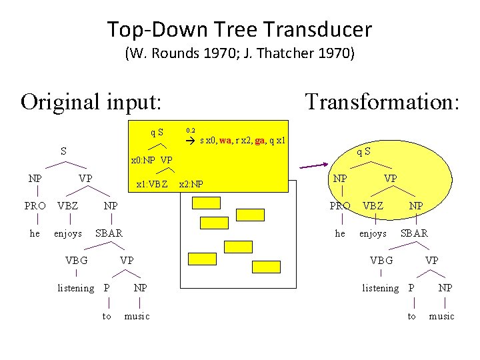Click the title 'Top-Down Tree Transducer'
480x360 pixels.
[239, 30]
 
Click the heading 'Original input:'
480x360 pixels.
[91, 102]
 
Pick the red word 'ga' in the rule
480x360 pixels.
[259, 141]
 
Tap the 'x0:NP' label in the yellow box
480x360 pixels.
[143, 161]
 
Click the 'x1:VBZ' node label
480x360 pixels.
[152, 184]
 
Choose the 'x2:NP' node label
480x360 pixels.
[191, 184]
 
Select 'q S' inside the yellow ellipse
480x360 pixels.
[363, 151]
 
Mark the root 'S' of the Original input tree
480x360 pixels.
[63, 151]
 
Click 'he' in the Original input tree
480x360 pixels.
[35, 233]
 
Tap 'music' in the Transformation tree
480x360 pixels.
[441, 316]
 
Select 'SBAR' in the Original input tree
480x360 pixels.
[109, 233]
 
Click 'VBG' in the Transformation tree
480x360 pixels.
[381, 261]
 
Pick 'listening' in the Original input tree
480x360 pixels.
[76, 288]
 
